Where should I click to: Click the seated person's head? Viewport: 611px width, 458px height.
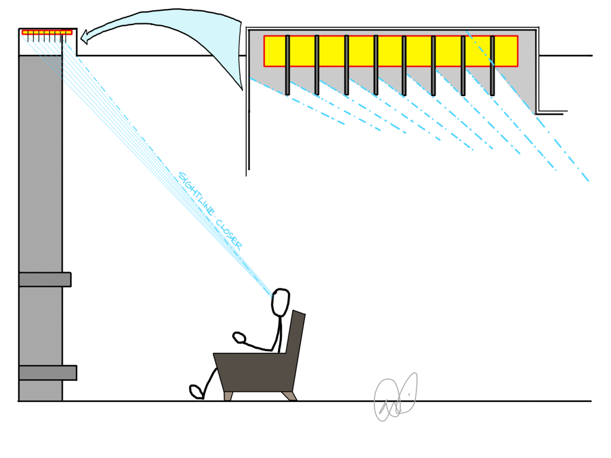click(x=280, y=302)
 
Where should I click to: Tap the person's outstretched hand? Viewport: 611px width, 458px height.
click(x=239, y=337)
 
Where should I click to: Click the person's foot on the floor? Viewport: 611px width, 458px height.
click(x=196, y=392)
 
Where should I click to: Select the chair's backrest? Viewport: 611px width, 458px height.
click(x=296, y=340)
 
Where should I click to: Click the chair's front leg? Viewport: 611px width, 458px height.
click(x=228, y=396)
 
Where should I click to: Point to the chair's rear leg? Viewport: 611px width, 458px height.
click(x=289, y=395)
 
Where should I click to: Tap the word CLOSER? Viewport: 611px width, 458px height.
click(x=229, y=234)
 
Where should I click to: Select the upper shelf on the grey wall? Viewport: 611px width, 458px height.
click(x=45, y=279)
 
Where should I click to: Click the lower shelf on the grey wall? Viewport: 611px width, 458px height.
click(x=48, y=373)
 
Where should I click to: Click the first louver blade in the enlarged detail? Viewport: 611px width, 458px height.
click(x=287, y=64)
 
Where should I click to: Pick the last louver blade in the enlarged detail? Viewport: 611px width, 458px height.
click(x=492, y=65)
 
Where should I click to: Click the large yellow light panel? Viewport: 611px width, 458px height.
click(x=391, y=51)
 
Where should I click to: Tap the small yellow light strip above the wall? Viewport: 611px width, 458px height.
click(x=47, y=32)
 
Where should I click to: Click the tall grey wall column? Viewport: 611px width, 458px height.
click(x=40, y=179)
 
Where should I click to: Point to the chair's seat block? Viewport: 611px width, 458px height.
click(x=254, y=370)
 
